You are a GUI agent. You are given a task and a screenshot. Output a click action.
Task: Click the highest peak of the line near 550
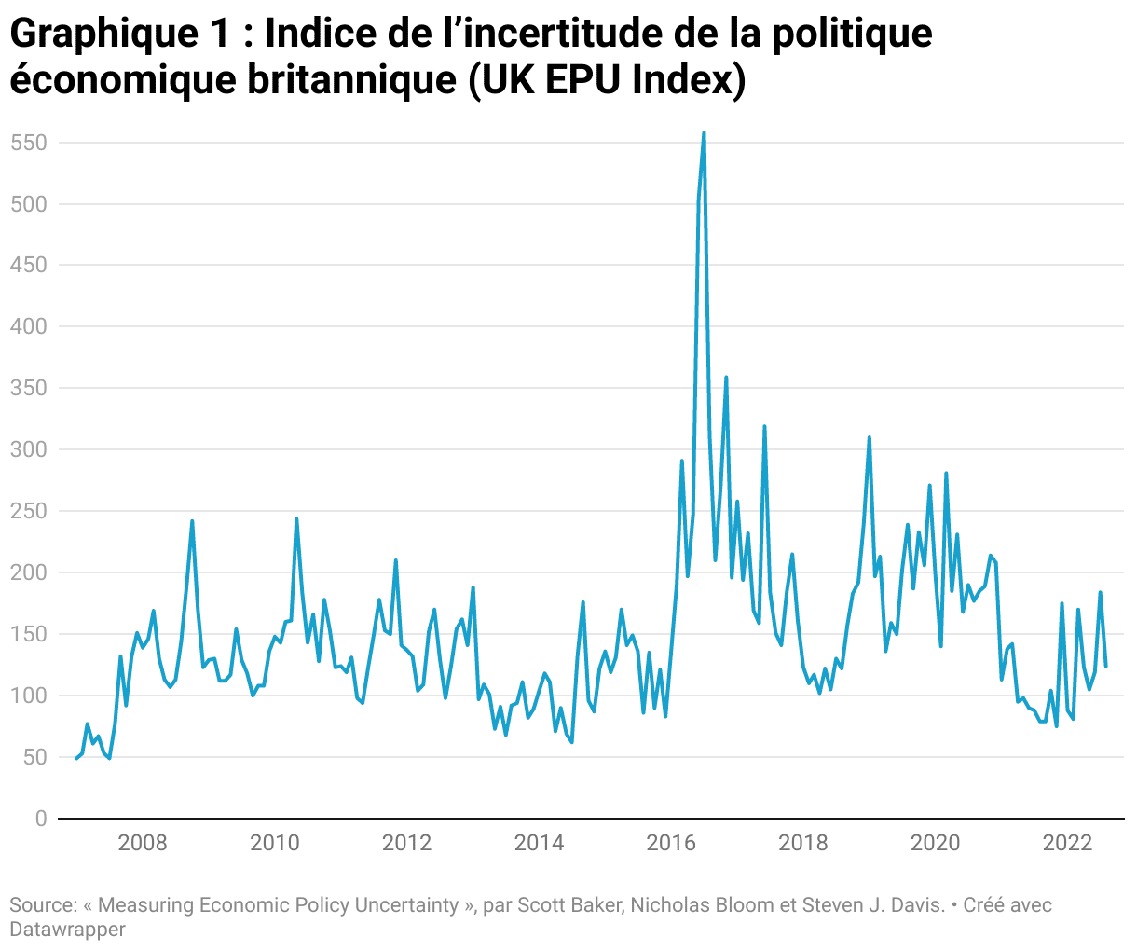point(704,132)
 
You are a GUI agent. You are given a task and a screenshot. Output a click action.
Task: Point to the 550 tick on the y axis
point(29,143)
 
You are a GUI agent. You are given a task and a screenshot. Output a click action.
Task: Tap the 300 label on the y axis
point(29,449)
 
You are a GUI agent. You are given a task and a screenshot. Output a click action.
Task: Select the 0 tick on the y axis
point(40,819)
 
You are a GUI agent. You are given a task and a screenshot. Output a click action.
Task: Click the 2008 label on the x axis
point(143,844)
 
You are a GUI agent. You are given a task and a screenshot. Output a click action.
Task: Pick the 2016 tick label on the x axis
point(671,844)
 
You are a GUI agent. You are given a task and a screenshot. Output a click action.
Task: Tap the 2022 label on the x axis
point(1067,844)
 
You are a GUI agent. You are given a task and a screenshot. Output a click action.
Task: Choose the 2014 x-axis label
point(539,844)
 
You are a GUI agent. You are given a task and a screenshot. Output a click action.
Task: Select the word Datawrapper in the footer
point(67,929)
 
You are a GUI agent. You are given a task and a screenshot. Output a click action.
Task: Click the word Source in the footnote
point(42,904)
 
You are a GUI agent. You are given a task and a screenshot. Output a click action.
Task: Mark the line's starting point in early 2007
point(76,758)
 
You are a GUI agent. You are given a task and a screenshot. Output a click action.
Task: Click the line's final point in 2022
point(1106,666)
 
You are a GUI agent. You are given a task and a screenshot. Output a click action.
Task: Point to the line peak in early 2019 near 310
point(870,437)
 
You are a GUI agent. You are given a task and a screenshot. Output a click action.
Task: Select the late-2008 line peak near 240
point(192,521)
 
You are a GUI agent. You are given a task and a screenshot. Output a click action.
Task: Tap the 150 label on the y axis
point(29,634)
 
